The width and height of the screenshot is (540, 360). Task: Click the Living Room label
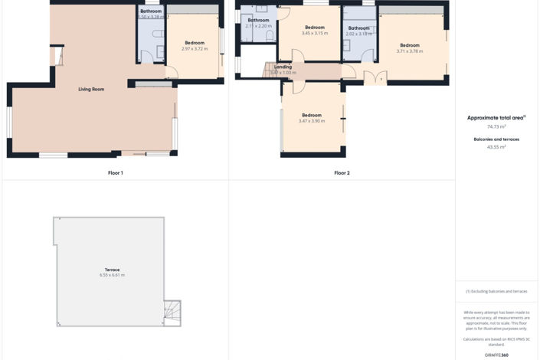(x=91, y=90)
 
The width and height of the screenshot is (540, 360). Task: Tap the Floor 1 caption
(x=116, y=173)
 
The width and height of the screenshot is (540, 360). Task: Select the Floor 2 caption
(x=342, y=173)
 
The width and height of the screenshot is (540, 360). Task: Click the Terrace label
(x=112, y=270)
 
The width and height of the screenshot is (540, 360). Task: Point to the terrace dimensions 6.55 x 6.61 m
(x=112, y=275)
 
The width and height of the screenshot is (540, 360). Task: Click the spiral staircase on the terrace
(x=172, y=311)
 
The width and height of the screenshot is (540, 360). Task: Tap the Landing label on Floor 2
(x=283, y=67)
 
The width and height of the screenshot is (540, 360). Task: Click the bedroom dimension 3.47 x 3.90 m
(x=312, y=121)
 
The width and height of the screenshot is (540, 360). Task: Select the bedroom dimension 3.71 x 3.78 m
(x=410, y=51)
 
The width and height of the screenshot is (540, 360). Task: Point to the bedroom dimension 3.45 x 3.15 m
(x=314, y=34)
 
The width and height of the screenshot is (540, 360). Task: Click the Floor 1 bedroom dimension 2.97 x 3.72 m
(x=195, y=49)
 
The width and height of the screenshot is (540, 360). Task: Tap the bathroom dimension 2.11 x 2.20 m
(x=258, y=26)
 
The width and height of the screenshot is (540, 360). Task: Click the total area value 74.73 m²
(x=496, y=126)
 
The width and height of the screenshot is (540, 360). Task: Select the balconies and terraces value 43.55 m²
(x=496, y=146)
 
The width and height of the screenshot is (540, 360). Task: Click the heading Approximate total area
(x=496, y=118)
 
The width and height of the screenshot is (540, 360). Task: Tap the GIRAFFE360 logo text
(x=496, y=355)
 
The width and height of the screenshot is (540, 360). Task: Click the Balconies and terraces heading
(x=496, y=139)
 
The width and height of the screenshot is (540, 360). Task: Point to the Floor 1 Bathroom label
(x=151, y=11)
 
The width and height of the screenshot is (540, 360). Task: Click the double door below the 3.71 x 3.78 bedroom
(x=375, y=77)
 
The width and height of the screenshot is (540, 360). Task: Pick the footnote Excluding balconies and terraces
(x=496, y=291)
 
